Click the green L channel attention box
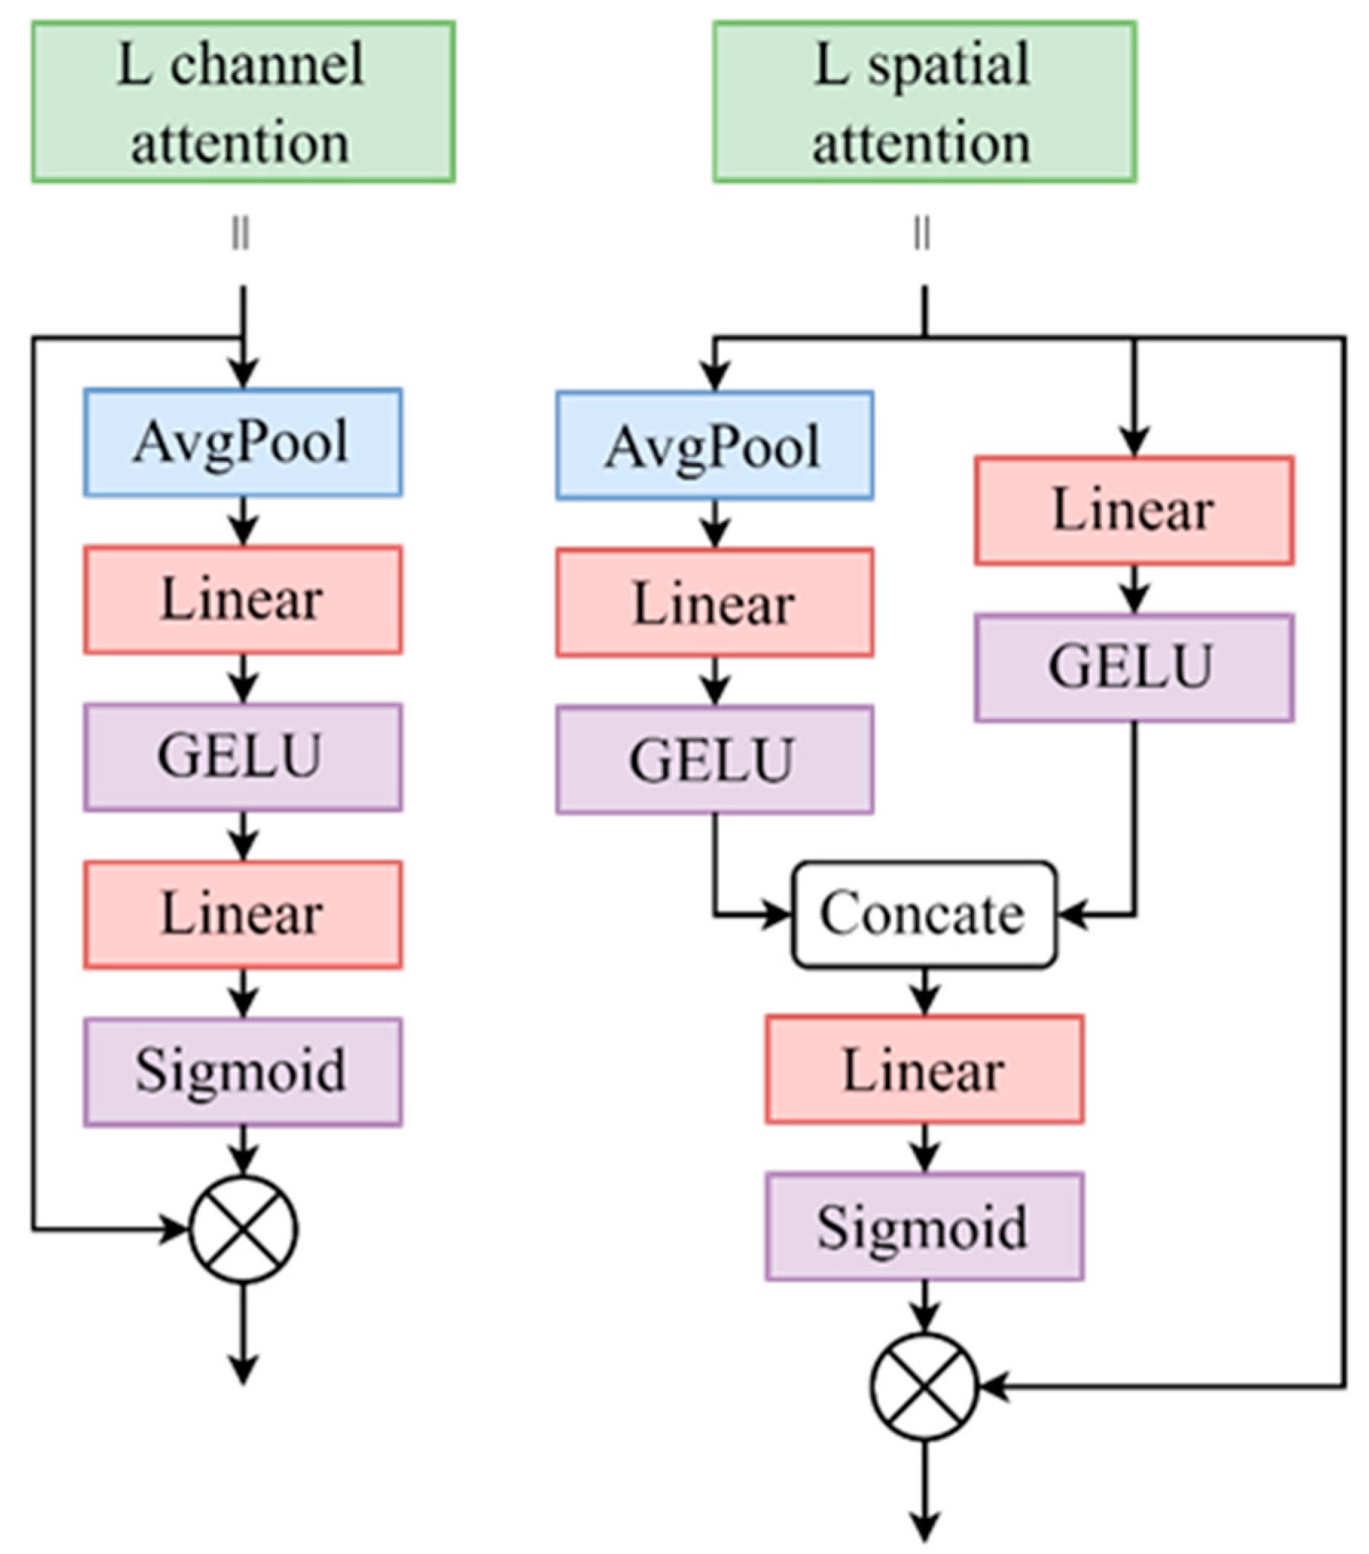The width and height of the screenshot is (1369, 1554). click(x=243, y=102)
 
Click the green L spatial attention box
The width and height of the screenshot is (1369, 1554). click(x=924, y=102)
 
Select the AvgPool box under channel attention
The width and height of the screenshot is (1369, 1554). click(x=243, y=443)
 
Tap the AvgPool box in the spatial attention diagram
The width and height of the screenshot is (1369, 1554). click(x=714, y=446)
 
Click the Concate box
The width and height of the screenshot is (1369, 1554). click(x=924, y=914)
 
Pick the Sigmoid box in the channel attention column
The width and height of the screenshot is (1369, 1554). click(x=243, y=1072)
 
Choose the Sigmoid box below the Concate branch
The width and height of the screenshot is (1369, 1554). click(x=924, y=1227)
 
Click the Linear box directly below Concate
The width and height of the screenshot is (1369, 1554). click(x=924, y=1069)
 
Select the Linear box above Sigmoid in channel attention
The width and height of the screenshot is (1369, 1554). click(x=243, y=914)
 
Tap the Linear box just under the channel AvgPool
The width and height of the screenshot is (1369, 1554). click(x=243, y=599)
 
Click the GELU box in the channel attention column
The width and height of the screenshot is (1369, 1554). click(x=243, y=756)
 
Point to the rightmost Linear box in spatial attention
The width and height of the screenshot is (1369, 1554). click(x=1134, y=510)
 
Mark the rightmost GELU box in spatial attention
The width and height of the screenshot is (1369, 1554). click(x=1134, y=668)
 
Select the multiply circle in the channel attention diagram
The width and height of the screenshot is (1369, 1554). click(x=243, y=1230)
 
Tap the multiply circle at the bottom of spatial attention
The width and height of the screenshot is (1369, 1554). click(x=924, y=1386)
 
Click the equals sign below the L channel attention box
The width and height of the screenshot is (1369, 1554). click(x=241, y=234)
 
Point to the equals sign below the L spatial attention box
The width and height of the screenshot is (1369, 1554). click(x=922, y=234)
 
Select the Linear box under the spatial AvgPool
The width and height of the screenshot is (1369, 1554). click(x=714, y=603)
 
